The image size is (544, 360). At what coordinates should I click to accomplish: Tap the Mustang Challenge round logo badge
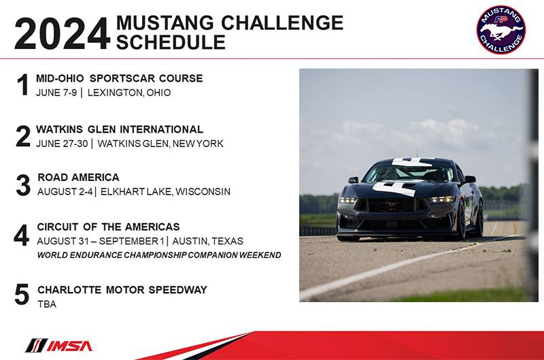(x=500, y=29)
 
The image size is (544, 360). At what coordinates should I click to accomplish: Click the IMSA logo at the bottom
(x=59, y=346)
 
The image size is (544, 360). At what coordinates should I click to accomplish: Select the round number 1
(x=23, y=84)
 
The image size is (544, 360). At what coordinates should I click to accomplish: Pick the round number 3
(x=23, y=185)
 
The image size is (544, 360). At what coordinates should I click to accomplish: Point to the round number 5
(x=22, y=295)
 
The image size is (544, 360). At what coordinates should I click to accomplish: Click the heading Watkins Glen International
(x=120, y=129)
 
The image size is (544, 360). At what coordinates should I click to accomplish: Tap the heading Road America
(x=78, y=178)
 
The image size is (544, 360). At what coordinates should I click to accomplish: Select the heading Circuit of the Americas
(x=108, y=227)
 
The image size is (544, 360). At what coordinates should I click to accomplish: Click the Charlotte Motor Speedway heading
(x=122, y=289)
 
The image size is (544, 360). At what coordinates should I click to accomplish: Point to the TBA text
(x=47, y=304)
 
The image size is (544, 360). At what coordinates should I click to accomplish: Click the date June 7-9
(x=56, y=93)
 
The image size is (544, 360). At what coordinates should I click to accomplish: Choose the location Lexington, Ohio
(x=129, y=93)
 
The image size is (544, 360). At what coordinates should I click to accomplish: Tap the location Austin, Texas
(x=208, y=241)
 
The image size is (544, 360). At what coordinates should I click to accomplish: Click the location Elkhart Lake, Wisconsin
(x=165, y=192)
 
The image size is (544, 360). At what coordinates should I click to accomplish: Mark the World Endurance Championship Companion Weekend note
(x=159, y=255)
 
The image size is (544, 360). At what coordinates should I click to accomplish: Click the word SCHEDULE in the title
(x=171, y=42)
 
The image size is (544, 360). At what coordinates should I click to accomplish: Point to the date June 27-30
(x=62, y=144)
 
